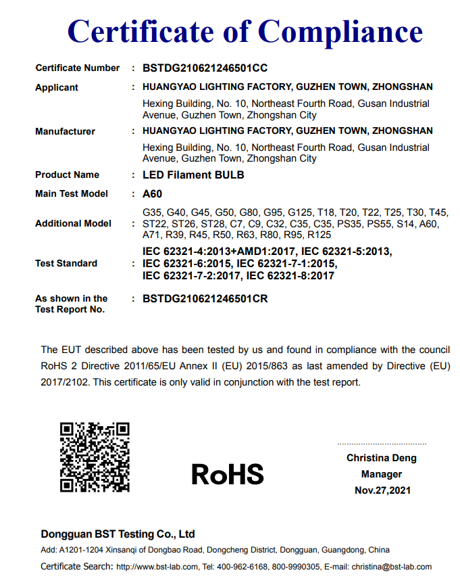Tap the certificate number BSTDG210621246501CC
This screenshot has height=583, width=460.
[205, 68]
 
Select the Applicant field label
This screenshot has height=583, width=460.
[57, 87]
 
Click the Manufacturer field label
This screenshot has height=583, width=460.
[65, 131]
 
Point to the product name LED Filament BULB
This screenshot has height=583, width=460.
[193, 175]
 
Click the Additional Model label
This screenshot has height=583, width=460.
[73, 223]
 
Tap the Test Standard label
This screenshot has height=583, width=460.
[66, 263]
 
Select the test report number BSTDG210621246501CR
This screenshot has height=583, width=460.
[205, 298]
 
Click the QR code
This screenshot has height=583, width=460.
[95, 457]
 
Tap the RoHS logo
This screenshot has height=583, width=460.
[227, 474]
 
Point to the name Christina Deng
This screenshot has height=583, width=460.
[382, 458]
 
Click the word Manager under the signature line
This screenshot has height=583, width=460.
[382, 474]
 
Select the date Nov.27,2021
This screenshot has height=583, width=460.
[382, 490]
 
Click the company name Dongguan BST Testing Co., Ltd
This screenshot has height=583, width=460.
[118, 534]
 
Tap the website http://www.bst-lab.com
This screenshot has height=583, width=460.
[157, 567]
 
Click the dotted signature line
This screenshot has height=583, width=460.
[382, 444]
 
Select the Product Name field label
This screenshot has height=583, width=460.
[67, 175]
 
